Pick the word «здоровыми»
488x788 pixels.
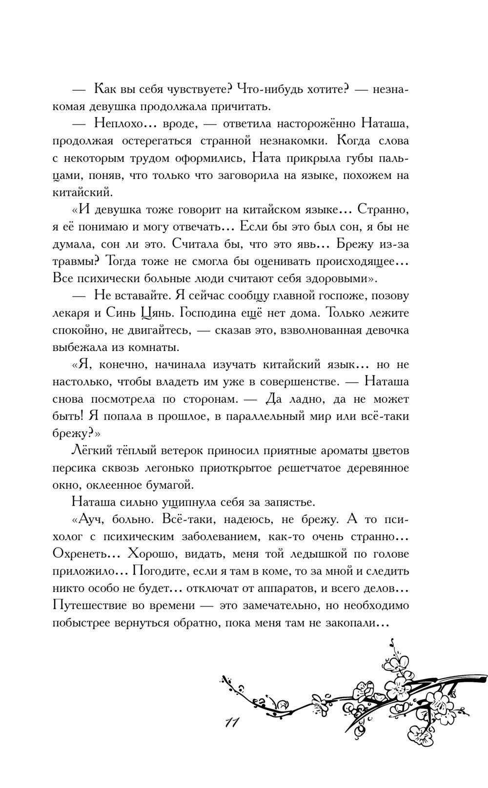click(330, 279)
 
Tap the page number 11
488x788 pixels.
click(229, 723)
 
